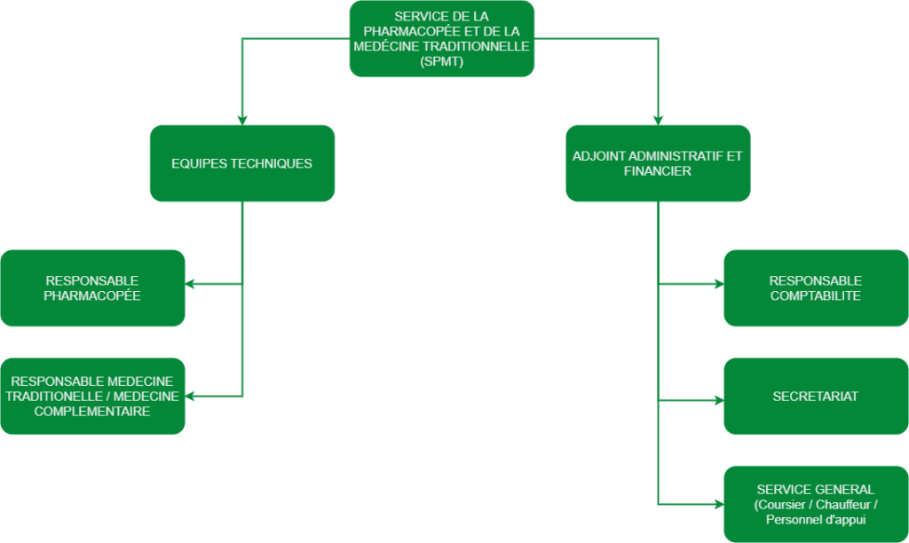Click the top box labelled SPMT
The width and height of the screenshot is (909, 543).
pos(441,38)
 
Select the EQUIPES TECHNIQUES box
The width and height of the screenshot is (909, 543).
pos(241,163)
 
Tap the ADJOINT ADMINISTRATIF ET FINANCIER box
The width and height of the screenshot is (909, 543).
pos(658,163)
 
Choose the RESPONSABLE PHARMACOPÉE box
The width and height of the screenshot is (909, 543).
pos(92,287)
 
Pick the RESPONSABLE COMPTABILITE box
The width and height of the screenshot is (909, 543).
pos(816,287)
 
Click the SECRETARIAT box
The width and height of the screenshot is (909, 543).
pos(816,396)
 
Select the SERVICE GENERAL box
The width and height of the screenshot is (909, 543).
pos(816,504)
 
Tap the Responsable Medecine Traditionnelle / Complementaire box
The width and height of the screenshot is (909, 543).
pos(92,396)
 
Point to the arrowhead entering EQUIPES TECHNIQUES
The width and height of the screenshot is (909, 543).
pos(242,120)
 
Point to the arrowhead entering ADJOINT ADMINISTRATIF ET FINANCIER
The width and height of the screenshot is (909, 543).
pos(658,120)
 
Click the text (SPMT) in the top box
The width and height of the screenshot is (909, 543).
pos(441,62)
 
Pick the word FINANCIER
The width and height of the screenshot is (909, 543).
pos(658,171)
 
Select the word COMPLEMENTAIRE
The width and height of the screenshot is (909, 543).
pos(92,412)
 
